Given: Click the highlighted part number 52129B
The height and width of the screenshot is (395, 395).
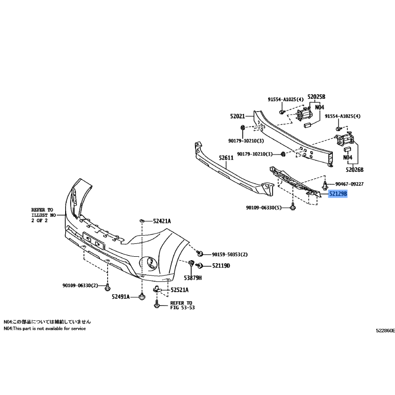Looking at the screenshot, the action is [338, 194].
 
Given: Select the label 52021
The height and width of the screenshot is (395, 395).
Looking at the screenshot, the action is [237, 116].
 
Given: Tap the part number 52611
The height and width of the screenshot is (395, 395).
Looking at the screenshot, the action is [226, 158].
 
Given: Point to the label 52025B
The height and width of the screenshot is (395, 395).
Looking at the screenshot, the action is [316, 97].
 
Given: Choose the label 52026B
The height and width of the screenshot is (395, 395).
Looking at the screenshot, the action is [355, 169].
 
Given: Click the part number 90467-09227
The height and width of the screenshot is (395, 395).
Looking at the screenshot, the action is [349, 184].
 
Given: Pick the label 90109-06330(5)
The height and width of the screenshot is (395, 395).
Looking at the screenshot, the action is [264, 208].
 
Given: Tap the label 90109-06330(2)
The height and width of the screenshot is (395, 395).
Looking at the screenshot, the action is [80, 285].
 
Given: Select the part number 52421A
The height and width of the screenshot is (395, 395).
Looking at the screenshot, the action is [162, 221].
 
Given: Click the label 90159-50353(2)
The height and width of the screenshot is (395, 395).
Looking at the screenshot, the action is [230, 254].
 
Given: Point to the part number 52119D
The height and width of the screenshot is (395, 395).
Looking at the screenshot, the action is [221, 266].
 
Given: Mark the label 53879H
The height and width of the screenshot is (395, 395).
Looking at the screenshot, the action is [193, 278].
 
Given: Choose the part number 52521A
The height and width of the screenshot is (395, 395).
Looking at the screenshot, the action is [179, 290].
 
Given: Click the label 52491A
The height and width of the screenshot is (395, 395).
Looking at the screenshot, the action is [120, 297].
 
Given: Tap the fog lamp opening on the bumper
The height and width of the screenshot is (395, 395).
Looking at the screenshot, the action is [149, 263].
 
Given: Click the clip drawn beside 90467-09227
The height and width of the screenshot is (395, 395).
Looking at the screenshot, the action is [325, 185].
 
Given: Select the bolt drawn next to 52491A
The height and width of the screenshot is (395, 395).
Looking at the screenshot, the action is [142, 297].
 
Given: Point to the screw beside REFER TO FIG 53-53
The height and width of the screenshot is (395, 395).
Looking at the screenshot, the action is [157, 304].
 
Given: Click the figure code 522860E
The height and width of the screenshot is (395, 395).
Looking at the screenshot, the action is [386, 331].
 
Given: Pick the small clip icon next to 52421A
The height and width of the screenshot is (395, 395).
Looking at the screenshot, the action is [142, 221].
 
